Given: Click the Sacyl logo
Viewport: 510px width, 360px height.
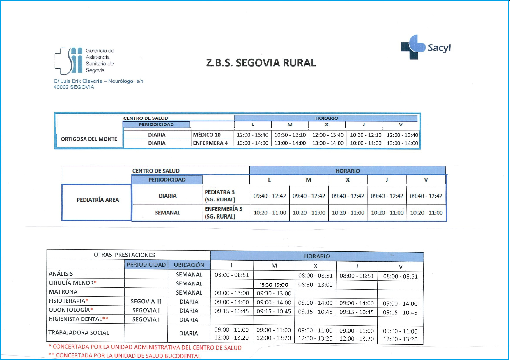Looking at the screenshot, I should point(426,47).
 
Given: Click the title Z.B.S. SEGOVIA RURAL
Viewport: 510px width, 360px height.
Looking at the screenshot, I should point(261,63).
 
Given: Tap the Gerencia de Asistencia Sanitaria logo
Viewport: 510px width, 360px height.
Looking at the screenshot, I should point(84,61).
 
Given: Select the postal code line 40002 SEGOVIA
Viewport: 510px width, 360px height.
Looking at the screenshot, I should point(74,87).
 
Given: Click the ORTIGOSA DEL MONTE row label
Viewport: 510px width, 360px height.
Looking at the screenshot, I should point(89,139).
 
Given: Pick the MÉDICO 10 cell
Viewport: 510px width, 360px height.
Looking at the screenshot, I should point(207,135).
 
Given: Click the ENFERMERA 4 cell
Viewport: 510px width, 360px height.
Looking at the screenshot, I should point(210,143).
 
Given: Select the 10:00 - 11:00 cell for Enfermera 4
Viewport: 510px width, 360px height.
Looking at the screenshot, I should point(366,143).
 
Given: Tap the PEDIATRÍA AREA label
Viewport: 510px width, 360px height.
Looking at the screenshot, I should point(98,200).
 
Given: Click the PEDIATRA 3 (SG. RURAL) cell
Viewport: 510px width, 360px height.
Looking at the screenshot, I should point(220,196).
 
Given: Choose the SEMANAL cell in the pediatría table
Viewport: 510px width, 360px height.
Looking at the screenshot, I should point(167,213).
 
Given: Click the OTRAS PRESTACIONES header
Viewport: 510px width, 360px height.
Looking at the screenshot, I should point(124,255).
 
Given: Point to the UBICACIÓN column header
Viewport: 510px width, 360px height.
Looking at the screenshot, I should point(189,265).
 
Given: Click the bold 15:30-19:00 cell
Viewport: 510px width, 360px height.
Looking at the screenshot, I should point(274,285).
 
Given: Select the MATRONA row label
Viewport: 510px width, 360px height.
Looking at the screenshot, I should point(63,292).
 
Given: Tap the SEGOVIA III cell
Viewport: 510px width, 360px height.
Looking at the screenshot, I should point(146,302).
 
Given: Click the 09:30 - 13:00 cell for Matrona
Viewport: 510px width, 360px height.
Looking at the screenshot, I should point(274,293).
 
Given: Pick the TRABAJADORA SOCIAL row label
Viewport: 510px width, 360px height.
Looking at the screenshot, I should point(79,333).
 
